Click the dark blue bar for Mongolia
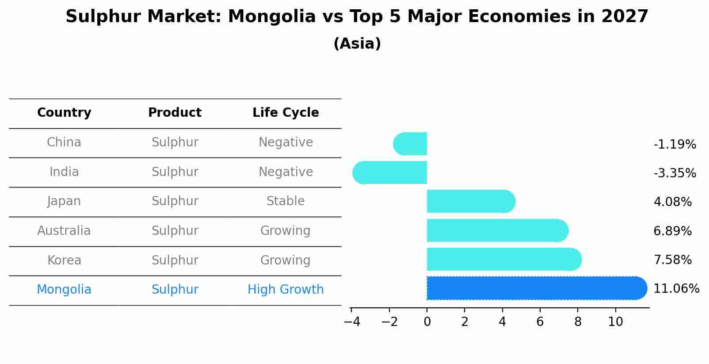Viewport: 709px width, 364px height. click(x=535, y=288)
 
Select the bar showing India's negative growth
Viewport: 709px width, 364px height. click(x=391, y=172)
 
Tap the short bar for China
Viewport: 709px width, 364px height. click(x=411, y=144)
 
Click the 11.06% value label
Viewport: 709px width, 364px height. click(x=676, y=289)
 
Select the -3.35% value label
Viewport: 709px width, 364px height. click(x=675, y=173)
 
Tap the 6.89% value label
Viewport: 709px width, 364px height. click(x=672, y=231)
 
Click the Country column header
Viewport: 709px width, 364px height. click(x=64, y=113)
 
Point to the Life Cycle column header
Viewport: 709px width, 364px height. click(x=286, y=113)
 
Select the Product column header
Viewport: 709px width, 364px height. click(x=175, y=113)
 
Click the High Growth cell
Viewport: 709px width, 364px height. click(x=286, y=290)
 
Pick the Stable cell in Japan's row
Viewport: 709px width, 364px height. click(x=286, y=201)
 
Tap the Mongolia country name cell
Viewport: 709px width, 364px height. click(x=64, y=290)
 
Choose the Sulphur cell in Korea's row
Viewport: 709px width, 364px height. click(x=175, y=260)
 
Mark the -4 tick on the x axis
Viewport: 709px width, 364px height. click(x=352, y=322)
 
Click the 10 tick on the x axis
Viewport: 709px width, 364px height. click(x=615, y=322)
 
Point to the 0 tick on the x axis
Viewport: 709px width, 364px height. click(x=427, y=322)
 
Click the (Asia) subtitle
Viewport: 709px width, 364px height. click(x=357, y=44)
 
